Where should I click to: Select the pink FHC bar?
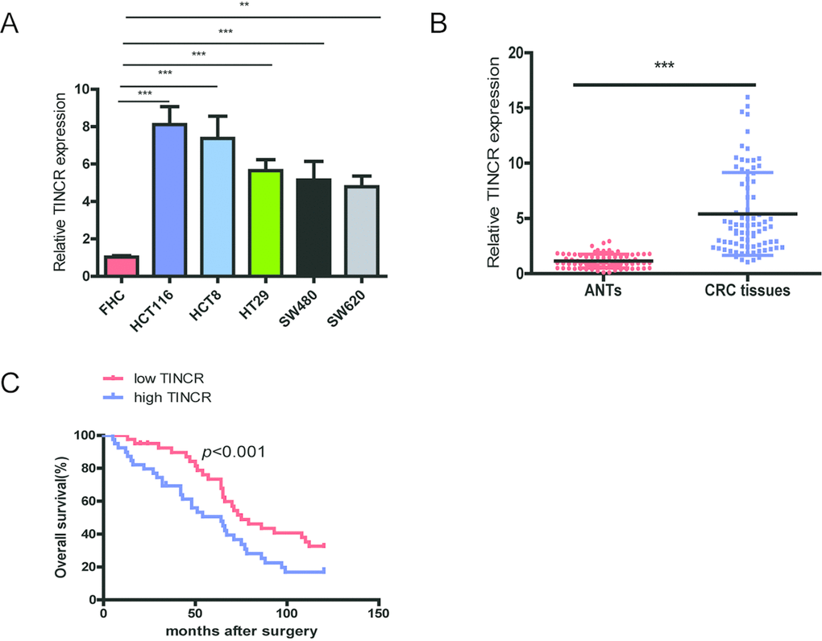[122, 266]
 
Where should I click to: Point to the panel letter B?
[439, 24]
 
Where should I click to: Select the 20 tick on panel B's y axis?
[525, 53]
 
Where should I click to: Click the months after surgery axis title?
[241, 630]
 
